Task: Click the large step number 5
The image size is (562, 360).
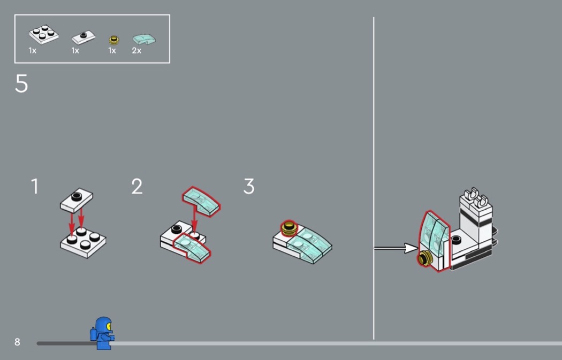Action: click(21, 83)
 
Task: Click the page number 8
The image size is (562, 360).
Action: click(17, 342)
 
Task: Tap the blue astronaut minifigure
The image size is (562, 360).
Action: click(103, 333)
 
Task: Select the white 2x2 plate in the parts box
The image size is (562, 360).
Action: click(44, 34)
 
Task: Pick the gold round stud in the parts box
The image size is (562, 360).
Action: click(114, 40)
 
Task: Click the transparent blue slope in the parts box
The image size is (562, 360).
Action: click(144, 39)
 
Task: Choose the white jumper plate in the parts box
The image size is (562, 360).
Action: click(83, 37)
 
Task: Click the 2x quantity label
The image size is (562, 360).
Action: click(136, 50)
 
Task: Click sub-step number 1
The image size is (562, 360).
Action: click(35, 186)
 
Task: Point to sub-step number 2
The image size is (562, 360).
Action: click(137, 186)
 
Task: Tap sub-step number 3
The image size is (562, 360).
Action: click(249, 186)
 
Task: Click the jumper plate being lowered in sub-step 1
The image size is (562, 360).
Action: click(77, 200)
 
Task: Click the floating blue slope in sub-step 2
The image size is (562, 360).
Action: click(201, 202)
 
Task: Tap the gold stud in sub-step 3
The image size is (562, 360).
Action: click(288, 228)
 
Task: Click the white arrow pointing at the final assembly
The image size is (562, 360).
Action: click(396, 248)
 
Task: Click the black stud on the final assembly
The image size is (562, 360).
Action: click(455, 239)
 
